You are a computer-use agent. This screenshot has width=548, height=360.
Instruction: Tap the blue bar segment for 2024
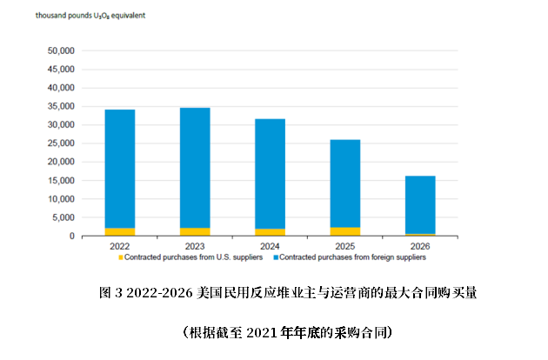click(270, 174)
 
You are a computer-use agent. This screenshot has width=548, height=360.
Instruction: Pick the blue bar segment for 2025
click(345, 183)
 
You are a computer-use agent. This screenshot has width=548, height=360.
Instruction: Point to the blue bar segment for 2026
click(420, 204)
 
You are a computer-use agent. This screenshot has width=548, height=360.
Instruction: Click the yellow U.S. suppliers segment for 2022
click(119, 232)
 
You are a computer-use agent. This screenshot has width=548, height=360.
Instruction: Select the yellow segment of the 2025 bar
click(345, 231)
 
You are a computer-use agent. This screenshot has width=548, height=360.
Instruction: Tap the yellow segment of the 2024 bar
click(270, 232)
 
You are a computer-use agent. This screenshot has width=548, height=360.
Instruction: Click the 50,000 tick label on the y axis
click(63, 51)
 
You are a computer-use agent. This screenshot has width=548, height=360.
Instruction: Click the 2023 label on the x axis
click(195, 246)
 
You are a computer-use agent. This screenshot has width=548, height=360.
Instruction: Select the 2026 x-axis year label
click(420, 246)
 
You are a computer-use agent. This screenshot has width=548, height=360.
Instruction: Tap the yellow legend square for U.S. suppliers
click(121, 257)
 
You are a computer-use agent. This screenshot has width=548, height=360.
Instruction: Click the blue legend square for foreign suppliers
click(276, 257)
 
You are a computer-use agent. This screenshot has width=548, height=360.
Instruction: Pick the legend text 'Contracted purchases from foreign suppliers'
click(353, 257)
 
